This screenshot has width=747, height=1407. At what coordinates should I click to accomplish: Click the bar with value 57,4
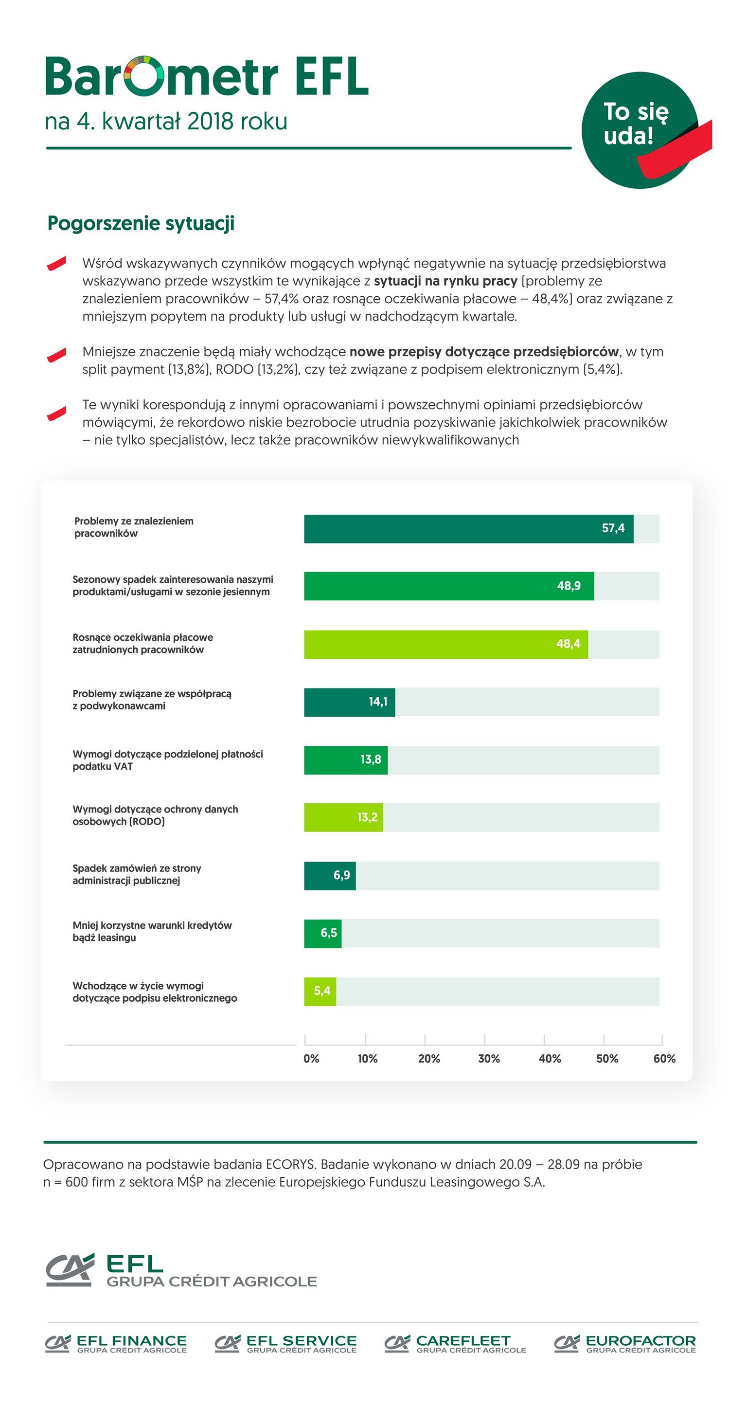pos(468,529)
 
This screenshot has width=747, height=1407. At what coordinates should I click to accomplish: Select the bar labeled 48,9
pos(449,586)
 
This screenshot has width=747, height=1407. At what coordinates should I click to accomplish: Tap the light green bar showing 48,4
pos(445,645)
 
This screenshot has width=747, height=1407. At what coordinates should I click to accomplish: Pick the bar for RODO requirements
pos(343,817)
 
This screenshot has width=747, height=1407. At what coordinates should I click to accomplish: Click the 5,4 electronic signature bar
pos(320,992)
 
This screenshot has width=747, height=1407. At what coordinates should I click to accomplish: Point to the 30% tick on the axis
pos(489,1059)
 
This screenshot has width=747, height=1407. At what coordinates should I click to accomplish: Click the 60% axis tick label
pos(664,1059)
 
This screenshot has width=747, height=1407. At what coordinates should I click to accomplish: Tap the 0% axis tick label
pos(311,1059)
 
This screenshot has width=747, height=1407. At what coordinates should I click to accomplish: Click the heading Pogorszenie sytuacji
pos(141,223)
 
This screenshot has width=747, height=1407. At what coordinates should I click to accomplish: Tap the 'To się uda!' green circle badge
pos(639,130)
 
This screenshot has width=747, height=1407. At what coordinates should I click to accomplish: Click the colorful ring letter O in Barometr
pos(144,75)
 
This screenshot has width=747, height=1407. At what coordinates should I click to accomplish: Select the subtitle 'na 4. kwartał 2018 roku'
pos(166,121)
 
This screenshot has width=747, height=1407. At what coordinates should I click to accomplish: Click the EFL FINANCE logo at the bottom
pos(116,1344)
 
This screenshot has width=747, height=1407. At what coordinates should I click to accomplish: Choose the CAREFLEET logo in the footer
pos(455,1344)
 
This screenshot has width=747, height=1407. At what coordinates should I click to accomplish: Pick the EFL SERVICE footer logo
pos(285,1344)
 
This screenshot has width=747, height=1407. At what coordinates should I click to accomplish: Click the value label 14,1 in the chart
pos(378,702)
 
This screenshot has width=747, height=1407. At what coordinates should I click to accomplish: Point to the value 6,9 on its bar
pos(342,876)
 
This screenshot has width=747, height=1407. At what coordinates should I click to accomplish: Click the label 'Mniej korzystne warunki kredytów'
pos(152,925)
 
